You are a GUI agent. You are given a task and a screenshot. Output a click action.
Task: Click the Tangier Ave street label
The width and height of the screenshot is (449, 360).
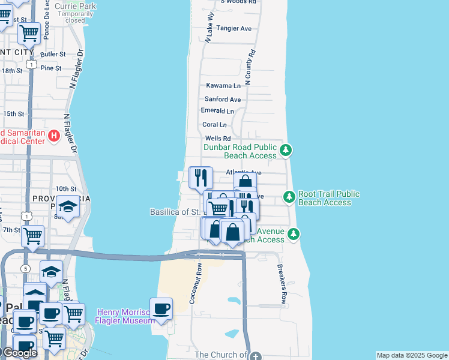(x=234, y=28)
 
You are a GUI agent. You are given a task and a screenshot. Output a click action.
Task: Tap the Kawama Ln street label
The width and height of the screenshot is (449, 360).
(x=223, y=86)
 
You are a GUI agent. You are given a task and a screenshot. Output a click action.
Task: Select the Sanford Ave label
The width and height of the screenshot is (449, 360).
(x=223, y=99)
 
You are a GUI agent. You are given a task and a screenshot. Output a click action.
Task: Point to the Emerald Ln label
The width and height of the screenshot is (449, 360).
(x=217, y=111)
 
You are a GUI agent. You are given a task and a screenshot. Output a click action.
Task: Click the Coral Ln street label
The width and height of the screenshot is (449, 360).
(x=215, y=125)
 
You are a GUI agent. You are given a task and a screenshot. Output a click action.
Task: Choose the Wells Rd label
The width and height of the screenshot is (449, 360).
(x=218, y=139)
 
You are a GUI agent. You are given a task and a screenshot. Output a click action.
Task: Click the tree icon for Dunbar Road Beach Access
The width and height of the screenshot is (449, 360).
(x=286, y=150)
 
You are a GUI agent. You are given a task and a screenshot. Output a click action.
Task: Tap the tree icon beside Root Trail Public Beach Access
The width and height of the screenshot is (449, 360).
(x=289, y=196)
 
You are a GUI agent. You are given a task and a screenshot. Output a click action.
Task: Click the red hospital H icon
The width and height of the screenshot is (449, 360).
(x=53, y=136)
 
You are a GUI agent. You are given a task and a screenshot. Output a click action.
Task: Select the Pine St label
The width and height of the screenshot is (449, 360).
(x=51, y=68)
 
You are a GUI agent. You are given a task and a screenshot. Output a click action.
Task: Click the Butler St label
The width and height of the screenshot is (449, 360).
(x=53, y=54)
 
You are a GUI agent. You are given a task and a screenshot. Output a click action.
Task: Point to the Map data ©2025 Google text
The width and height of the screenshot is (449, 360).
(x=412, y=355)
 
